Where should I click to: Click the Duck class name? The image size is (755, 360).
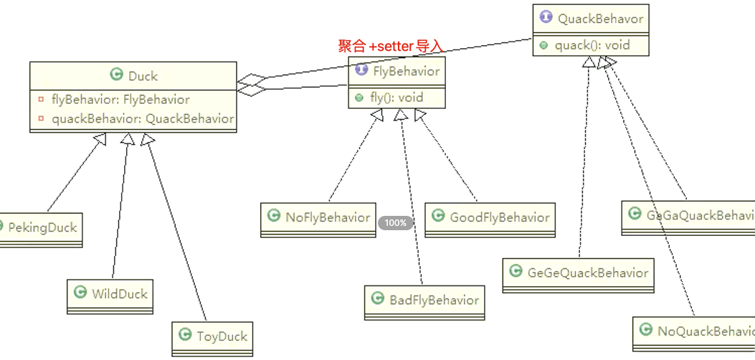coord(143,75)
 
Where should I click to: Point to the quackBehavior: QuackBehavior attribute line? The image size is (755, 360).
coord(143,118)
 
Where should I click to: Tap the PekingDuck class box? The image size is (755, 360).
coord(40,228)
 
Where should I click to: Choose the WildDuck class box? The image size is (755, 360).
coord(111,293)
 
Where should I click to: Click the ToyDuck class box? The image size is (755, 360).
coord(214,336)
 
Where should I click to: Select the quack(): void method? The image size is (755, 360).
coord(592,44)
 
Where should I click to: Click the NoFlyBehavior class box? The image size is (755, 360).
coord(318,218)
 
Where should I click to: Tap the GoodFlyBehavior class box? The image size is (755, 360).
coord(490,218)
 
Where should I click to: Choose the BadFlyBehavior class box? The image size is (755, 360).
coord(424,300)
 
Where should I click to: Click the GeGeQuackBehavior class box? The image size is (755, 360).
coord(578,273)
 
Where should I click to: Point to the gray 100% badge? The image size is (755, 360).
coord(396,223)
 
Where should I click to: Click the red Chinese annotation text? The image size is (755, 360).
coord(391,47)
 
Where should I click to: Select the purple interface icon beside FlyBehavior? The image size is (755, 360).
coord(361,70)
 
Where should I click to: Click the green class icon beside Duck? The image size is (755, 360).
coord(116,75)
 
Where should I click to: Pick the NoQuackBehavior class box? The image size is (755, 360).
coord(694,331)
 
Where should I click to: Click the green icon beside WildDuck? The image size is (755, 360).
coord(81,293)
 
